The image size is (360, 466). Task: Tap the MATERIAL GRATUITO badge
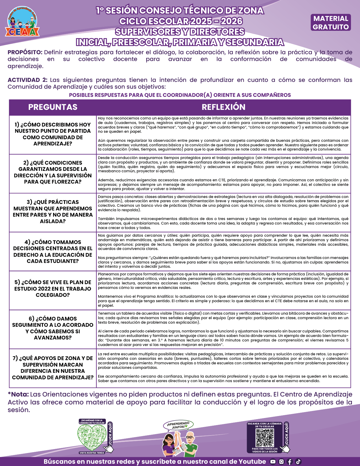331,23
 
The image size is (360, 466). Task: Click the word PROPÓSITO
25,52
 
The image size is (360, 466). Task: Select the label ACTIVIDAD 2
27,80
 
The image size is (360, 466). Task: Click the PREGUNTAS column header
53,107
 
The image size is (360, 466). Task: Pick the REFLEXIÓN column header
223,107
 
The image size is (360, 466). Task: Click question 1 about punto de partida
53,134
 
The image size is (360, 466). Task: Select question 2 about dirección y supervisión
53,172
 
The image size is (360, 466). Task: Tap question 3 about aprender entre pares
53,212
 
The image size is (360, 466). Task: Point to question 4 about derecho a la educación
53,251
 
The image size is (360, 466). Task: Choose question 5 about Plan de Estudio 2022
53,288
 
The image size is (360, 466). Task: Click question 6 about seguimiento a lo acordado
53,328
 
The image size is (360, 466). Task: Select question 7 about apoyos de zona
53,368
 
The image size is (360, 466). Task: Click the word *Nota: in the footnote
18,394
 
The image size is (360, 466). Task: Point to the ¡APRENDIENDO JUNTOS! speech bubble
179,425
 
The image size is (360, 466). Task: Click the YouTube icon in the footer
273,461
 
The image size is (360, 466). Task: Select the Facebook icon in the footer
290,461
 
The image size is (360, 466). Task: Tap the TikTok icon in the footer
298,461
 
